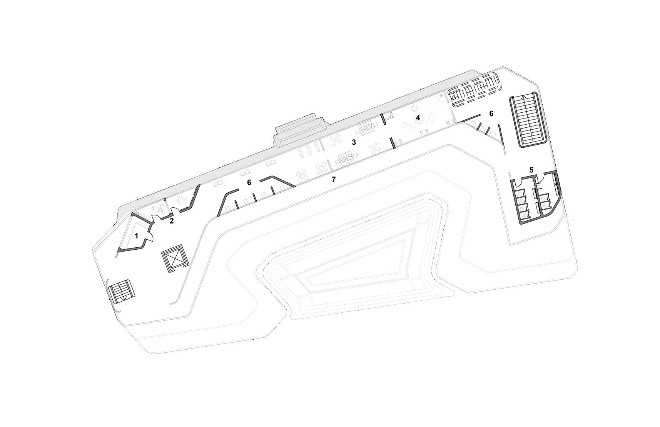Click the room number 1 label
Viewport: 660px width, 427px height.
(x=136, y=236)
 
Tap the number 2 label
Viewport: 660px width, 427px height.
(x=172, y=221)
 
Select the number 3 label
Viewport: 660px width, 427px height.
(x=354, y=142)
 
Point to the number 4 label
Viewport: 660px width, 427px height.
(x=418, y=118)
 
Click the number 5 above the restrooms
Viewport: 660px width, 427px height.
(x=531, y=170)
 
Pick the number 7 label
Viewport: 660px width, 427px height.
(x=334, y=179)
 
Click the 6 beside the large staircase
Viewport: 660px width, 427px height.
(x=491, y=113)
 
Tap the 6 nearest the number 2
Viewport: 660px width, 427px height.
(x=249, y=182)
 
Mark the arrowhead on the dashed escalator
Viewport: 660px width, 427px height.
(x=453, y=98)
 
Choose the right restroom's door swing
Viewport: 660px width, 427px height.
(x=540, y=177)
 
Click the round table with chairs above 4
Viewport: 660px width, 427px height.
(x=415, y=108)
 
